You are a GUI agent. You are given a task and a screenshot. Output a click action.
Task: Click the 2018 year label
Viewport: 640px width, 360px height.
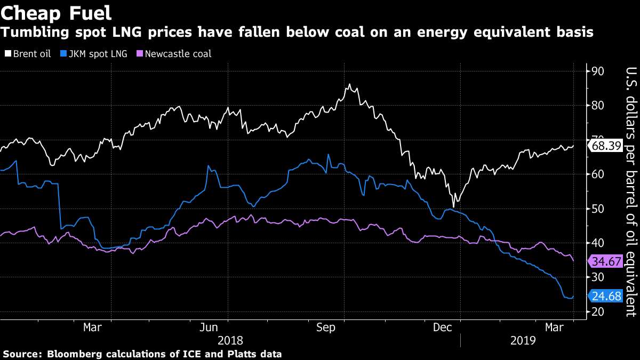pyautogui.click(x=230, y=340)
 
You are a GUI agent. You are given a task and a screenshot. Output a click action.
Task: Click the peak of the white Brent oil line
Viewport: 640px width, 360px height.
pyautogui.click(x=349, y=84)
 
